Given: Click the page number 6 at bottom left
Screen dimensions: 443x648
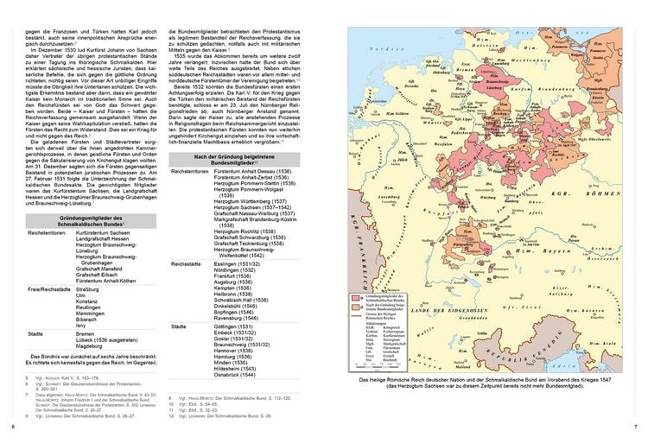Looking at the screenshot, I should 13,427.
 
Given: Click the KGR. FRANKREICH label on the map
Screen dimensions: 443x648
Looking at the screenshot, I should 356,250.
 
